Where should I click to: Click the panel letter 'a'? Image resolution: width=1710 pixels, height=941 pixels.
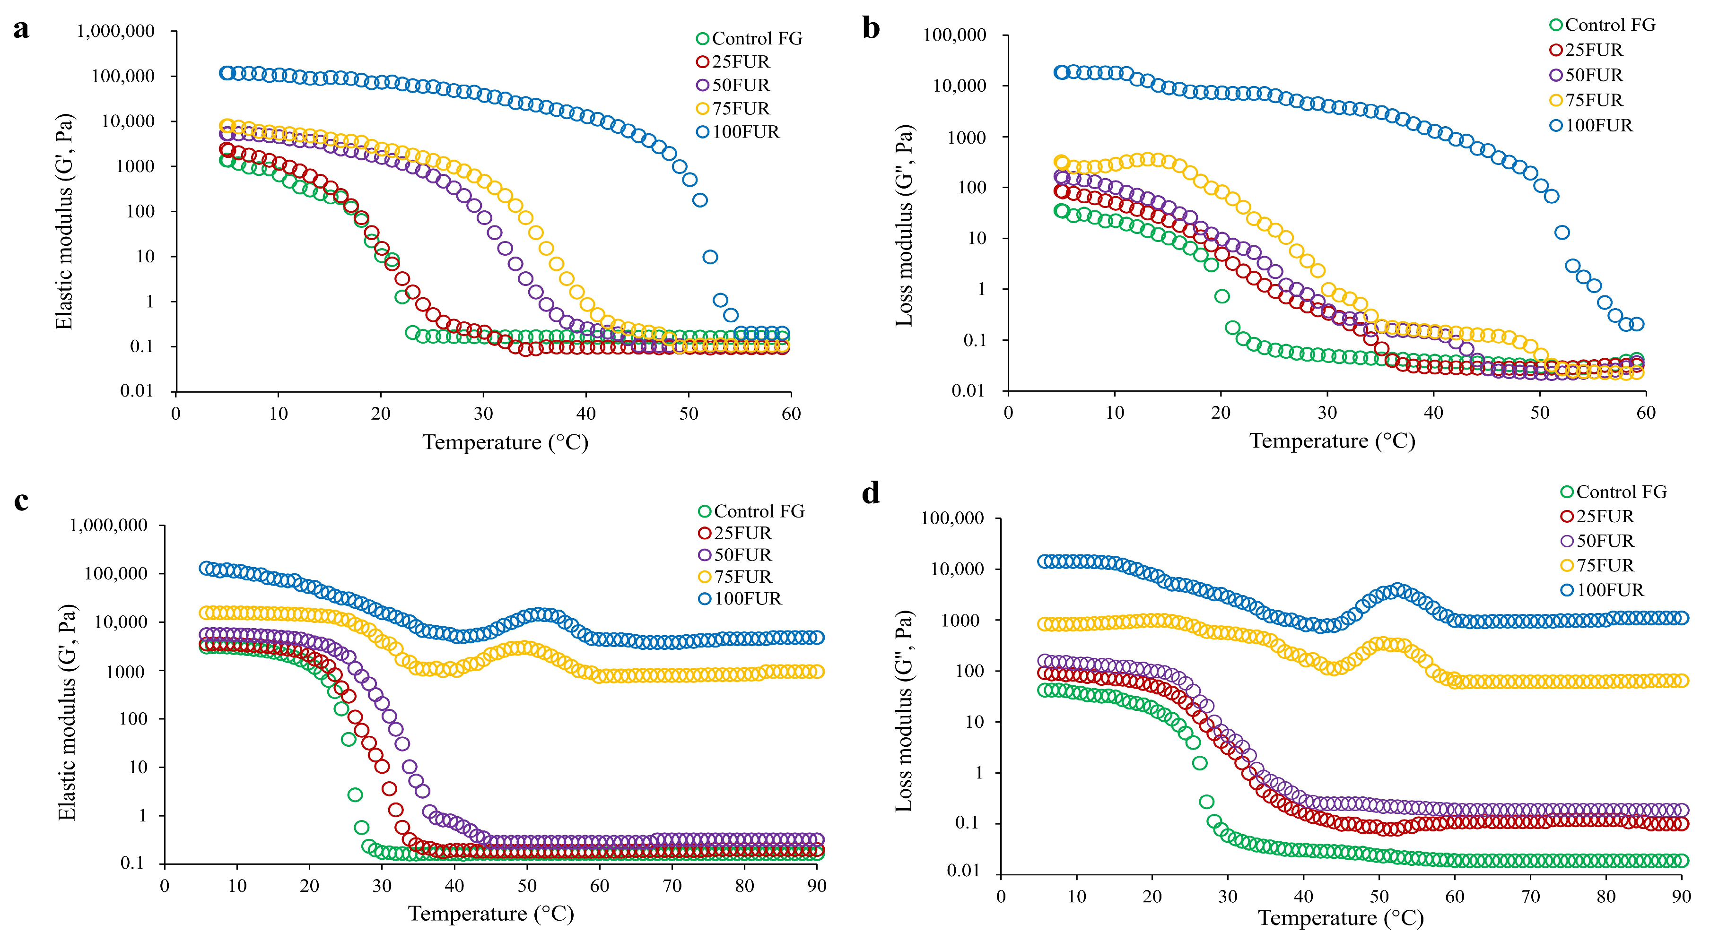(21, 30)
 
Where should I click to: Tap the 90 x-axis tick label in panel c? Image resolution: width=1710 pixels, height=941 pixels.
(817, 886)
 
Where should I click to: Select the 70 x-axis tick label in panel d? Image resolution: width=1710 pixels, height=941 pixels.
(1530, 897)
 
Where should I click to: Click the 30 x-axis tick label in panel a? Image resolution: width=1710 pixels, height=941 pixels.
(483, 414)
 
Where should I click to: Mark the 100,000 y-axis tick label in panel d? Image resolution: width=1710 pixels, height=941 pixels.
(952, 518)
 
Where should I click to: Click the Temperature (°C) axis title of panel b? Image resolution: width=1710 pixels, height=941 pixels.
(1332, 441)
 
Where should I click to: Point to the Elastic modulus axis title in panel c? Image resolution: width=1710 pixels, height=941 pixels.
(67, 713)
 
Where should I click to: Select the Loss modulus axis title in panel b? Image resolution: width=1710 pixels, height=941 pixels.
(904, 225)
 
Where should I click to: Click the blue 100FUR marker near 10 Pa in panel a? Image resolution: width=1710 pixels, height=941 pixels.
(710, 257)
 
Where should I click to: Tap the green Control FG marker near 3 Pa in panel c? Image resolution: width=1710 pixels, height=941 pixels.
(355, 794)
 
